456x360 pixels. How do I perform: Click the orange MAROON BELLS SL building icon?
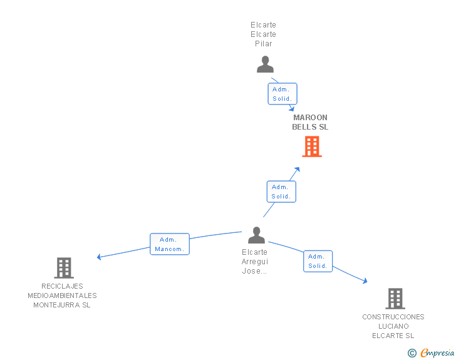click(x=312, y=147)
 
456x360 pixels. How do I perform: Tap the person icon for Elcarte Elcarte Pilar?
click(x=265, y=64)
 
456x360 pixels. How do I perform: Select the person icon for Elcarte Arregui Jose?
click(x=256, y=235)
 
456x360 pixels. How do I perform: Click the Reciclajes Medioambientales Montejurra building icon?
click(x=64, y=268)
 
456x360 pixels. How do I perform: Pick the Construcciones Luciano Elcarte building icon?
click(x=395, y=299)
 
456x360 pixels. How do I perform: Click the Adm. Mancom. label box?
click(x=170, y=244)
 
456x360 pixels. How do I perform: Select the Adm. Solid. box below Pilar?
click(x=282, y=94)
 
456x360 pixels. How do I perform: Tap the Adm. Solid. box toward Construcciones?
click(x=318, y=261)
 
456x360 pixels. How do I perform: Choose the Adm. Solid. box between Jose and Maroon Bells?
click(x=281, y=192)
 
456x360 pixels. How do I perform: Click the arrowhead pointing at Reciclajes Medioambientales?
click(x=99, y=257)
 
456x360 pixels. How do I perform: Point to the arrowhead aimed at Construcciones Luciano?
click(x=365, y=280)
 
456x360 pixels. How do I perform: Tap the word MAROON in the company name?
click(x=310, y=118)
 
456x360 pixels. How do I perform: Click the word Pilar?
click(x=264, y=44)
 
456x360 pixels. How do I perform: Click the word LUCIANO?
click(x=393, y=326)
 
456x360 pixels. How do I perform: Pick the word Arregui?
click(x=255, y=262)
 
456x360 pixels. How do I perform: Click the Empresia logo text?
click(x=437, y=352)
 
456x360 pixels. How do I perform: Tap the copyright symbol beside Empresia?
click(x=412, y=353)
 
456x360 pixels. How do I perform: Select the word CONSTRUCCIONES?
click(x=393, y=317)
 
